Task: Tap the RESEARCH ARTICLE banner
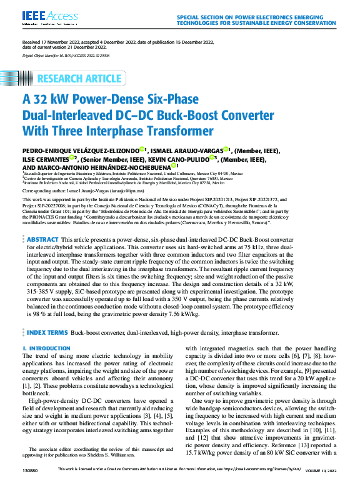pos(80,79)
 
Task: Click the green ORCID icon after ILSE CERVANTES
pos(72,158)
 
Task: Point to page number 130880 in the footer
pos(30,482)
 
